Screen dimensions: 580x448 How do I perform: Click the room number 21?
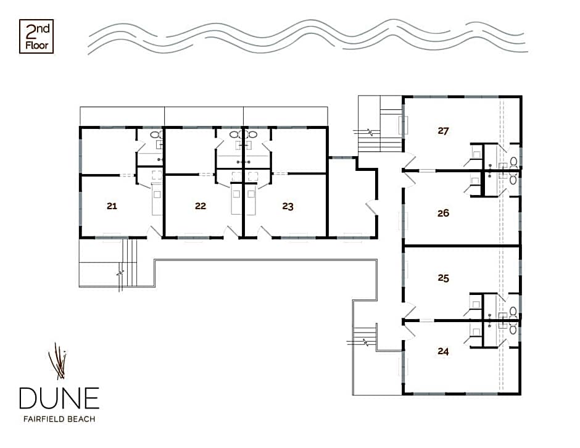click(112, 206)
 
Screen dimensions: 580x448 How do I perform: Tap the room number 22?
click(201, 206)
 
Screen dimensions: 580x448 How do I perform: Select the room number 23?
click(288, 206)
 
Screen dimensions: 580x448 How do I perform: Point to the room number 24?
click(443, 351)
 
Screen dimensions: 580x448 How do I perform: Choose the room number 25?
click(443, 278)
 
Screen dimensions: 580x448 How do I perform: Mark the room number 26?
click(443, 213)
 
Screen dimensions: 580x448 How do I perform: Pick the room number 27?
click(443, 131)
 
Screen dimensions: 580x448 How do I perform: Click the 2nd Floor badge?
click(36, 36)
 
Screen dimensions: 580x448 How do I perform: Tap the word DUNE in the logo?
click(59, 398)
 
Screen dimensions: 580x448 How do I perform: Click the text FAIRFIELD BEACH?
click(59, 419)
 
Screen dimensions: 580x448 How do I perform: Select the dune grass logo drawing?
click(58, 361)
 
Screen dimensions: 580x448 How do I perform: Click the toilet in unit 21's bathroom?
click(155, 135)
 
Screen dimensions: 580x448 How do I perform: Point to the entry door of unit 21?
click(154, 232)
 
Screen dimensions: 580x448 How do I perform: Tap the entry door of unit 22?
click(232, 232)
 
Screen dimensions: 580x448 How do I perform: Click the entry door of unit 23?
click(265, 232)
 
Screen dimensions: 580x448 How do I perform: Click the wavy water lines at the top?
click(308, 36)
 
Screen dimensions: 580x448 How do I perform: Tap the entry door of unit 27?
click(409, 163)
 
